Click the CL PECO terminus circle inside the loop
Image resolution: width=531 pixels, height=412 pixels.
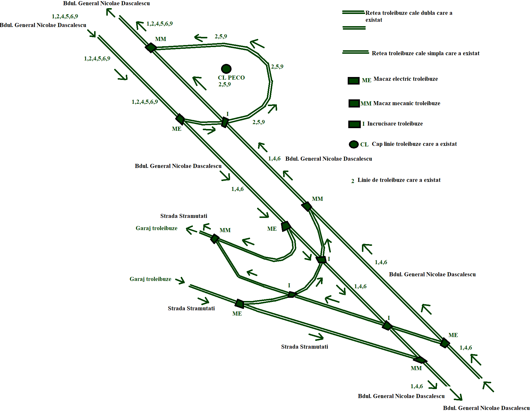[226, 69]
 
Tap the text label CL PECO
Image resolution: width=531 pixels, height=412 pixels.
[231, 78]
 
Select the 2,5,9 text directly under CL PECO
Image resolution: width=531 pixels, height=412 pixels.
[225, 85]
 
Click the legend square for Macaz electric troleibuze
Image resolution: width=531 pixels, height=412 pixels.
[354, 81]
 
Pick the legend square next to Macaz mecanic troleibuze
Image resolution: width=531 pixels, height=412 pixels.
[354, 103]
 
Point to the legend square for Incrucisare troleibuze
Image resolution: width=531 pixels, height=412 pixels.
[354, 124]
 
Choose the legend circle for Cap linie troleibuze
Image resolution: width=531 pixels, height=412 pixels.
[354, 144]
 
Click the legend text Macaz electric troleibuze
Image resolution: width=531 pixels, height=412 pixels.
[406, 79]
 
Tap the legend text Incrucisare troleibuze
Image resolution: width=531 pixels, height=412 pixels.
[395, 124]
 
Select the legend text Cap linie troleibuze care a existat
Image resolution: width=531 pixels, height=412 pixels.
[414, 144]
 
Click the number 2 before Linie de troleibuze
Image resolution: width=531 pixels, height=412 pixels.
[353, 181]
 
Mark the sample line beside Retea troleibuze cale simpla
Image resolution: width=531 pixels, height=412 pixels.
[356, 52]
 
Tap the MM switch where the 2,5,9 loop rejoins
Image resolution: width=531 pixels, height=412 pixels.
[151, 47]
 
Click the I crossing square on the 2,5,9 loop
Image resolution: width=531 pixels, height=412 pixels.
[225, 122]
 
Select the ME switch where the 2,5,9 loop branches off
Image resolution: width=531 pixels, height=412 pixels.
[180, 119]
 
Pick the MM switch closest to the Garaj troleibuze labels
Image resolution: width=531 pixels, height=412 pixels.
[215, 239]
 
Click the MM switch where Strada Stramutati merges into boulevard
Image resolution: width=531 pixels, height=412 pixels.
[420, 360]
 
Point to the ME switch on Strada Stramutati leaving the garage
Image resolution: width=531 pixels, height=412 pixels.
[240, 304]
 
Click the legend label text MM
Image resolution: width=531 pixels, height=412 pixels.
[366, 104]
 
